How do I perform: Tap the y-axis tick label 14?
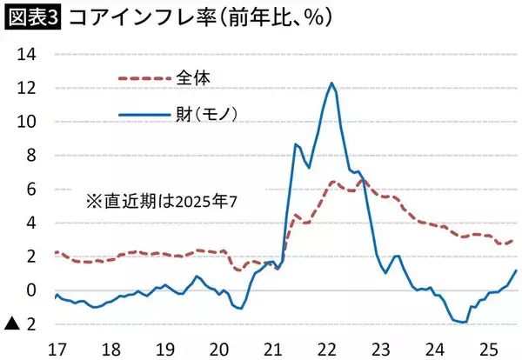(x=28, y=54)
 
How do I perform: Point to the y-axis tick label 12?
(x=28, y=88)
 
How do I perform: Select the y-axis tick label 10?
(x=28, y=122)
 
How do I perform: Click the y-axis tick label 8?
(x=30, y=156)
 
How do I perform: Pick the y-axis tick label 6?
(x=30, y=190)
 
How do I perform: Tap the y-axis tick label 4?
(x=30, y=223)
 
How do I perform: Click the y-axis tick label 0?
(x=30, y=290)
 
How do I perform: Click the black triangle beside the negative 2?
(x=12, y=324)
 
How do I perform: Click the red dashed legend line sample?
(x=145, y=78)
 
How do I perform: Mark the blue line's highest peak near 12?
(x=332, y=83)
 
